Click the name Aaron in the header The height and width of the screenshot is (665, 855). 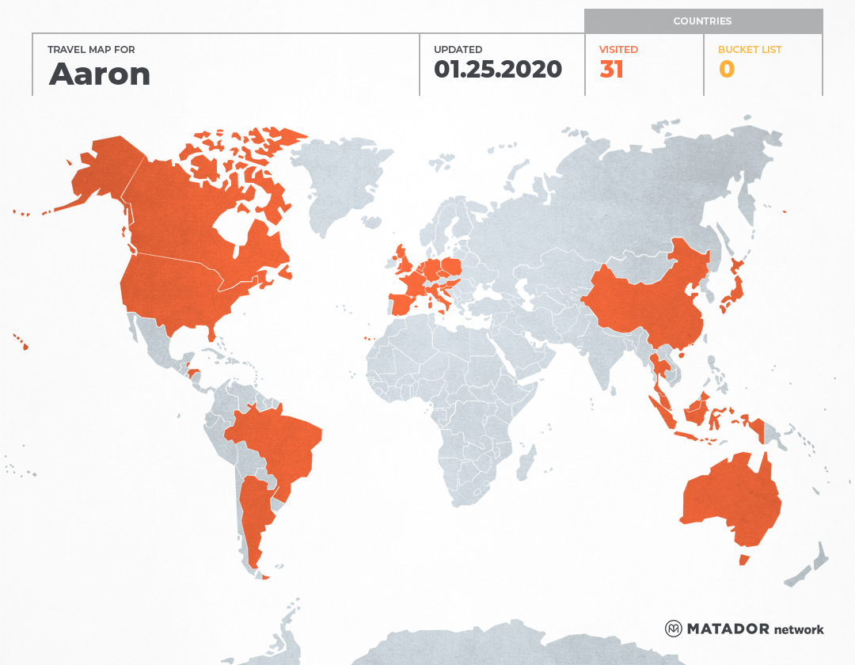(100, 74)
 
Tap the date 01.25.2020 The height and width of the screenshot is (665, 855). (497, 70)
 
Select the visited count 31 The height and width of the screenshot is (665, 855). (611, 70)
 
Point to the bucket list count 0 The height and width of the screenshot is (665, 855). (726, 70)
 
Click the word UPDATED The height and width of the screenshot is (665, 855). (458, 50)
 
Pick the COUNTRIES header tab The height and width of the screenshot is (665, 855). (702, 21)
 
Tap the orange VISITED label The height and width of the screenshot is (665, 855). (618, 50)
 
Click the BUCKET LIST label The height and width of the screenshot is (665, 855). (749, 50)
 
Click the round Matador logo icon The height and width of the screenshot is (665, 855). (674, 629)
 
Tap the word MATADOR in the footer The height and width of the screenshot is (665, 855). (728, 629)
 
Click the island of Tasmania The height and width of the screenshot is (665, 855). (743, 560)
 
